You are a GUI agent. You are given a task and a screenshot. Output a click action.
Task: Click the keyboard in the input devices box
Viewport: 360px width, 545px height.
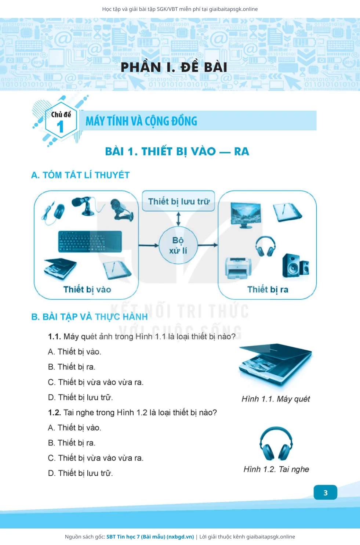90,241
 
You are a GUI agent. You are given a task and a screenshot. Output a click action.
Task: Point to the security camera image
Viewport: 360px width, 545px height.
121,210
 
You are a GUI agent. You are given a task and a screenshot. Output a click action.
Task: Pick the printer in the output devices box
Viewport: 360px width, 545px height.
238,268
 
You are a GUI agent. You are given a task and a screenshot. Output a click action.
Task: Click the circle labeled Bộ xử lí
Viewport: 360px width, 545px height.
178,245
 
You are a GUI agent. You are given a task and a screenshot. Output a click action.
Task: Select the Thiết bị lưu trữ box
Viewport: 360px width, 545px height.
178,201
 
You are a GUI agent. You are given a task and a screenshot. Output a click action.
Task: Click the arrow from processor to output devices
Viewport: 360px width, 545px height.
208,245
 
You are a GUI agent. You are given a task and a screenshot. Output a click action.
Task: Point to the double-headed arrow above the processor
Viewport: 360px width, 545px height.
178,219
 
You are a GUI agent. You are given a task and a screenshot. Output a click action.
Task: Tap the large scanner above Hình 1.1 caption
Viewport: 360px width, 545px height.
275,364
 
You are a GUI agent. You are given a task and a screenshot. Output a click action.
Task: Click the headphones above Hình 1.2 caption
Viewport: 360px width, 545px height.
276,443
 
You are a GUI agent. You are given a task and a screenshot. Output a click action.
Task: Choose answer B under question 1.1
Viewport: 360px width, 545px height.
72,367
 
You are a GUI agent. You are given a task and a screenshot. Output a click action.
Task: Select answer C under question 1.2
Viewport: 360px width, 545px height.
95,458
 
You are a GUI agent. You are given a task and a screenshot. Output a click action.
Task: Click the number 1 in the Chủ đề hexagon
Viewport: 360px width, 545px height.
60,127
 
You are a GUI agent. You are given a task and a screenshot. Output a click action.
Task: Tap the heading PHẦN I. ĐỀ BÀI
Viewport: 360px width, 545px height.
174,67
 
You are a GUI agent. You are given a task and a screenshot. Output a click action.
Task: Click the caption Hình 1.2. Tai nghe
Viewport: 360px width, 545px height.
276,469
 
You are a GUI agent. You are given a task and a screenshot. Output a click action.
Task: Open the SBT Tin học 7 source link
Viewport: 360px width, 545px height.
150,537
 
